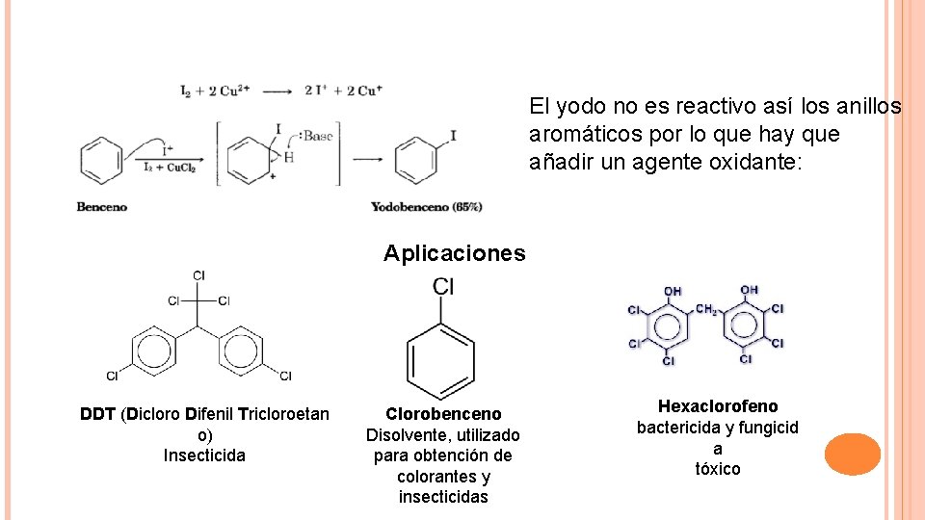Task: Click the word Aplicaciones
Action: (x=455, y=253)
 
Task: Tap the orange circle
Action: (x=853, y=455)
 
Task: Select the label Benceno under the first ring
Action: (x=102, y=206)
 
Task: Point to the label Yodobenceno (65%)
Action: (x=427, y=206)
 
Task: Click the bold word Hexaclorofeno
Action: (x=718, y=406)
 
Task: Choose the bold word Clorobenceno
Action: (x=443, y=414)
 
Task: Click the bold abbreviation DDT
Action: (x=98, y=414)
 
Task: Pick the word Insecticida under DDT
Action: (x=204, y=455)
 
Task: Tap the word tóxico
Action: (x=718, y=469)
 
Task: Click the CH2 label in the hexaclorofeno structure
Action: (x=706, y=309)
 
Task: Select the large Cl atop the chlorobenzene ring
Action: (x=443, y=286)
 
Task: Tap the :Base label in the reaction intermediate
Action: (x=313, y=137)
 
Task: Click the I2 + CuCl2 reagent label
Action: (x=169, y=168)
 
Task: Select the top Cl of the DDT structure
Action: (x=198, y=275)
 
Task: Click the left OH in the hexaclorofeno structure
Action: (x=672, y=290)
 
